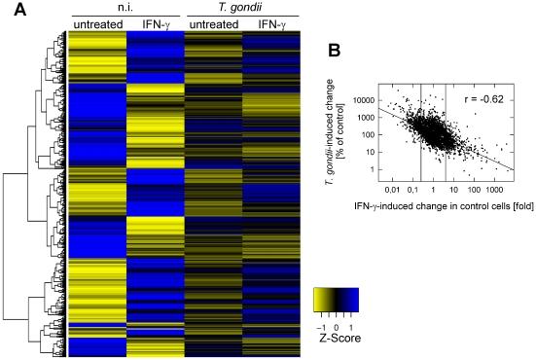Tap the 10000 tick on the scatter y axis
[x=364, y=100]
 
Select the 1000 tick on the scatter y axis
[x=367, y=118]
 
